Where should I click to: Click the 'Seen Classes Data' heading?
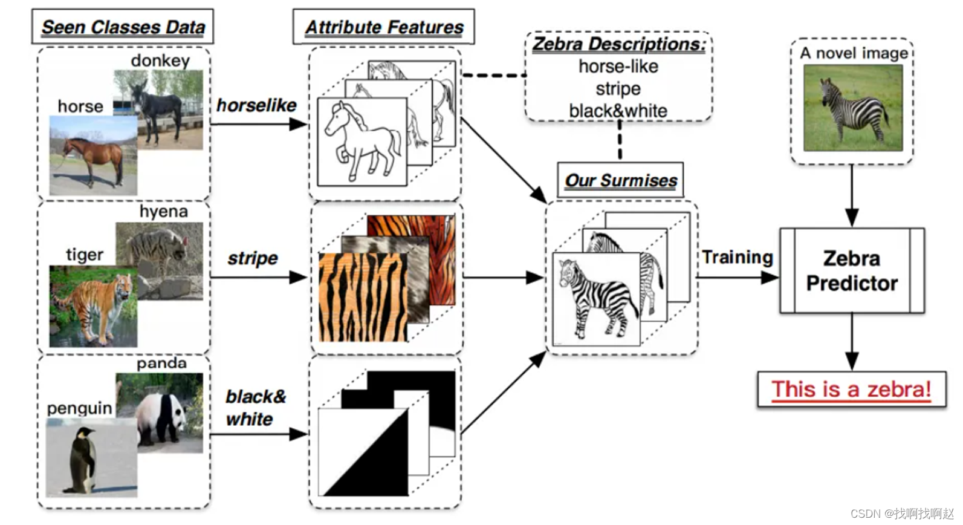(123, 27)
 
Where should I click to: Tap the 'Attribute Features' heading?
(384, 27)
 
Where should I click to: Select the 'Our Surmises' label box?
(621, 180)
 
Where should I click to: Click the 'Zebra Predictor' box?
(852, 270)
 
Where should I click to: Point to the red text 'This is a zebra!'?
(851, 389)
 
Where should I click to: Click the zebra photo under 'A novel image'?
(852, 108)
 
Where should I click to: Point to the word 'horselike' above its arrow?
(256, 105)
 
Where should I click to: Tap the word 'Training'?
(738, 258)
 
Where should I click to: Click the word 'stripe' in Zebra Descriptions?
(618, 89)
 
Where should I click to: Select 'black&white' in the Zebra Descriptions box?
(618, 111)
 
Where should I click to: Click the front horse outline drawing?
(362, 143)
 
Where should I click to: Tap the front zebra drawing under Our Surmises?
(596, 299)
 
